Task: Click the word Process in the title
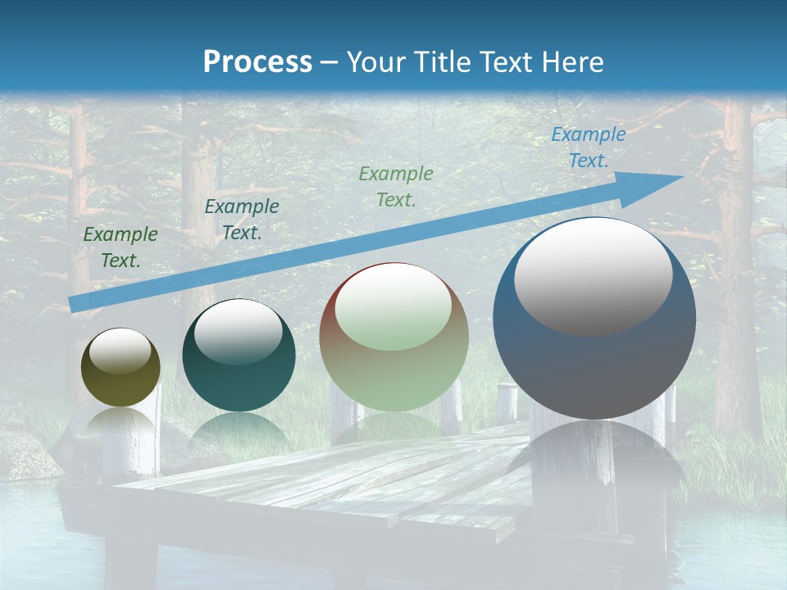tap(257, 61)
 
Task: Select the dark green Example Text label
tap(121, 247)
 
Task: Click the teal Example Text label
tap(242, 219)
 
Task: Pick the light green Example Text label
tap(396, 186)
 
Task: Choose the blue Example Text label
tap(588, 147)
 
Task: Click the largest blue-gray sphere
tap(594, 361)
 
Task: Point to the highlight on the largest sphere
tap(593, 275)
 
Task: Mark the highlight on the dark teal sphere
tap(238, 332)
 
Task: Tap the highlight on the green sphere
tap(393, 307)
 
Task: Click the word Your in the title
tap(375, 62)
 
